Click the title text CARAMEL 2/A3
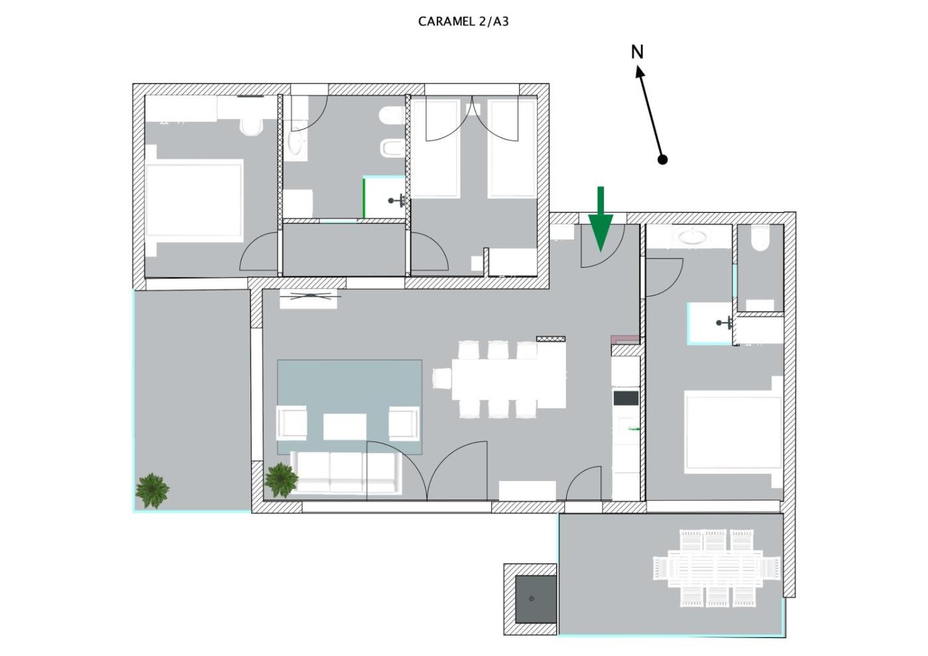[463, 22]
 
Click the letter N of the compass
[637, 52]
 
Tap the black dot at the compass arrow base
[662, 160]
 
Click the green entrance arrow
[601, 219]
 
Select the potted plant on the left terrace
[152, 490]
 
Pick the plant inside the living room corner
[281, 480]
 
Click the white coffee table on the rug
[345, 427]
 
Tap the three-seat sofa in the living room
[346, 473]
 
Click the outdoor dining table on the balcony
[716, 568]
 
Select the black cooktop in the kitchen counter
[626, 398]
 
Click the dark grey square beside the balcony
[536, 599]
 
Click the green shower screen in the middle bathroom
[364, 198]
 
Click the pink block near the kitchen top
[625, 339]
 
